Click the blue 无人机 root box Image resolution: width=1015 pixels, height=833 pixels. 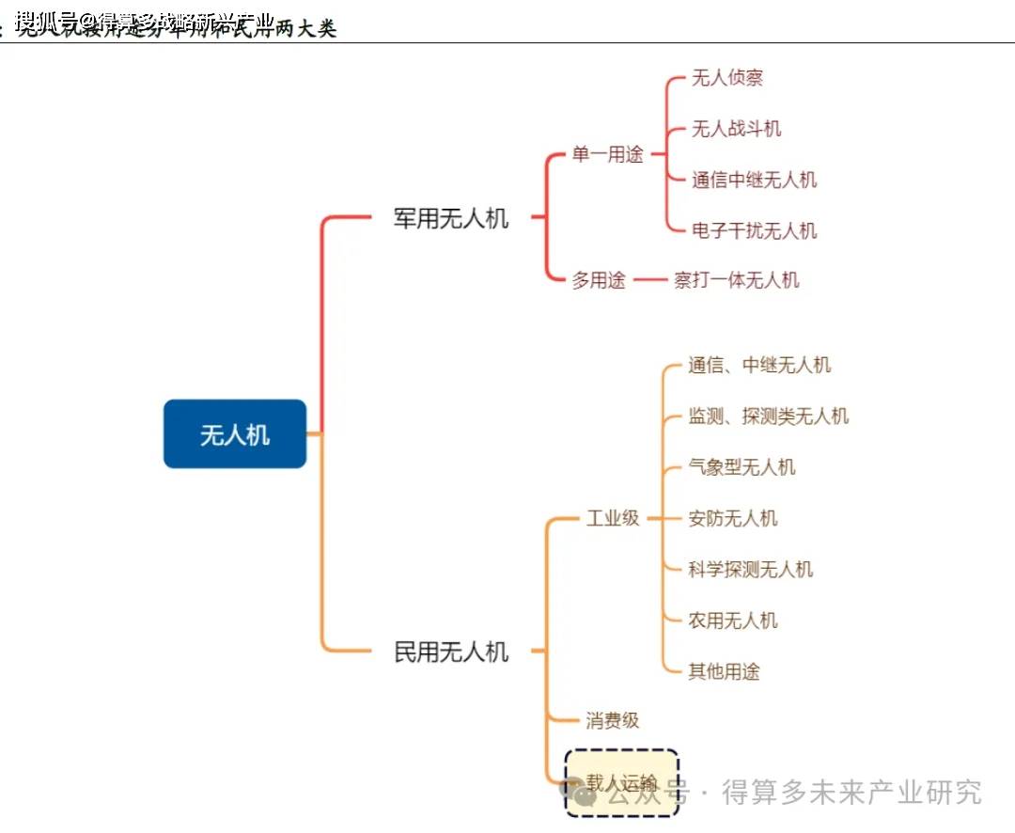tap(235, 434)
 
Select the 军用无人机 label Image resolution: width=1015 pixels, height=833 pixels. tap(451, 218)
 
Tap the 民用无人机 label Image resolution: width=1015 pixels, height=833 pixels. tap(451, 652)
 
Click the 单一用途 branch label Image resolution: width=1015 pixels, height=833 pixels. tap(607, 155)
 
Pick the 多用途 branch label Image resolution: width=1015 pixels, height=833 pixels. tap(599, 280)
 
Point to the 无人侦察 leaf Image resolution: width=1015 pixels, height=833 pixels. tap(727, 78)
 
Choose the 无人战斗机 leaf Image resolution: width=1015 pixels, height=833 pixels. tap(736, 129)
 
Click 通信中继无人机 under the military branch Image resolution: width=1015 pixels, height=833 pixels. tap(754, 180)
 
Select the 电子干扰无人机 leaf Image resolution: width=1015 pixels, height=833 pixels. tap(754, 230)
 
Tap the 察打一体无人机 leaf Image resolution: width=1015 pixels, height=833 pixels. tap(736, 280)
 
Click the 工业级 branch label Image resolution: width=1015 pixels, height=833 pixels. tap(613, 518)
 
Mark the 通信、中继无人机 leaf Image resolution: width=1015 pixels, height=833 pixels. tap(759, 365)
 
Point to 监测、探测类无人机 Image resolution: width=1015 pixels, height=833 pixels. tap(768, 416)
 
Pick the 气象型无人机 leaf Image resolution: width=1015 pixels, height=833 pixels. tap(742, 467)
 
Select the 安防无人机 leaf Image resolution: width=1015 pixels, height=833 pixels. tap(733, 518)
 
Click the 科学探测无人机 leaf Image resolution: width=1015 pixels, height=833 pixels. tap(750, 569)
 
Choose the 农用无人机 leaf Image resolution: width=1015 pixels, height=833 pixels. tap(733, 621)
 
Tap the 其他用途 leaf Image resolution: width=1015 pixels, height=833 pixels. tap(724, 671)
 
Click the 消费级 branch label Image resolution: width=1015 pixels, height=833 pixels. tap(613, 721)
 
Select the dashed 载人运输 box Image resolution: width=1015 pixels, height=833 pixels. tap(621, 781)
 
